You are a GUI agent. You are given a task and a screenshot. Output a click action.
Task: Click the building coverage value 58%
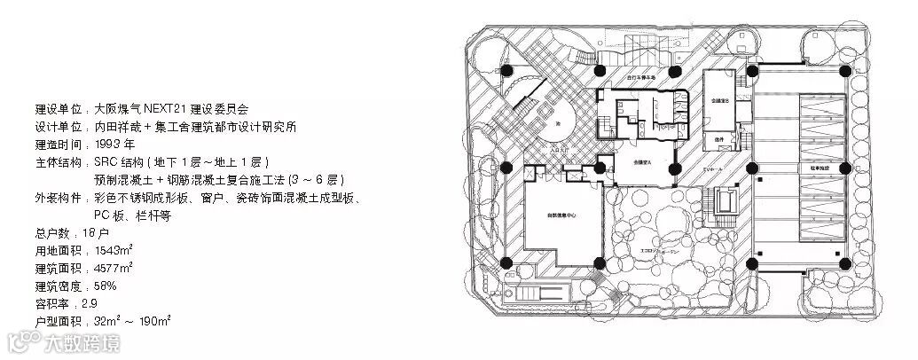pyautogui.click(x=106, y=286)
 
